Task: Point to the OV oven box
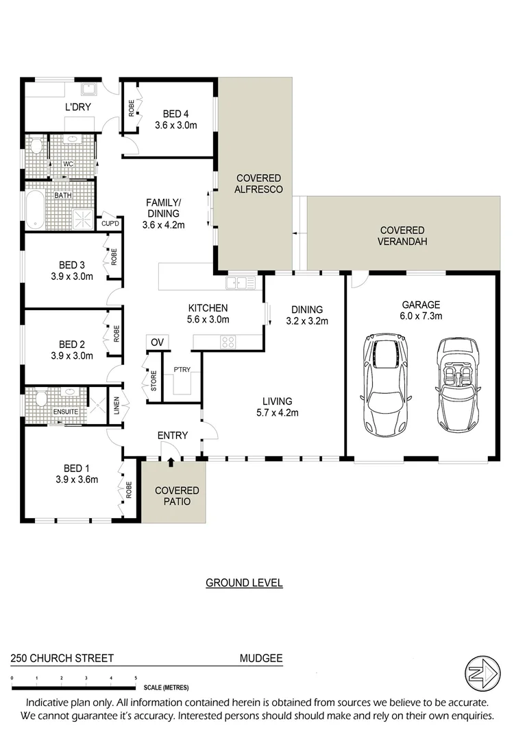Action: tap(157, 342)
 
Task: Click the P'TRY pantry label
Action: tap(182, 370)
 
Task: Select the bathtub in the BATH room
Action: tap(34, 209)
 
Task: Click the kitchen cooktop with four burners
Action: tap(228, 341)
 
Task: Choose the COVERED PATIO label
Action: tap(177, 496)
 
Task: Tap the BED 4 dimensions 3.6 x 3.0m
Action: tap(176, 126)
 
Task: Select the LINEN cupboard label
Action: tap(116, 406)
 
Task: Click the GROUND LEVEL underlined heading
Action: tap(244, 583)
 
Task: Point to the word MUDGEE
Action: tap(260, 658)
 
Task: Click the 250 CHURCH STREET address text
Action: tap(62, 658)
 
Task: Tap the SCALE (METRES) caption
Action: tap(166, 687)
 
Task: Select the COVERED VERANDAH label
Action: tap(402, 236)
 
